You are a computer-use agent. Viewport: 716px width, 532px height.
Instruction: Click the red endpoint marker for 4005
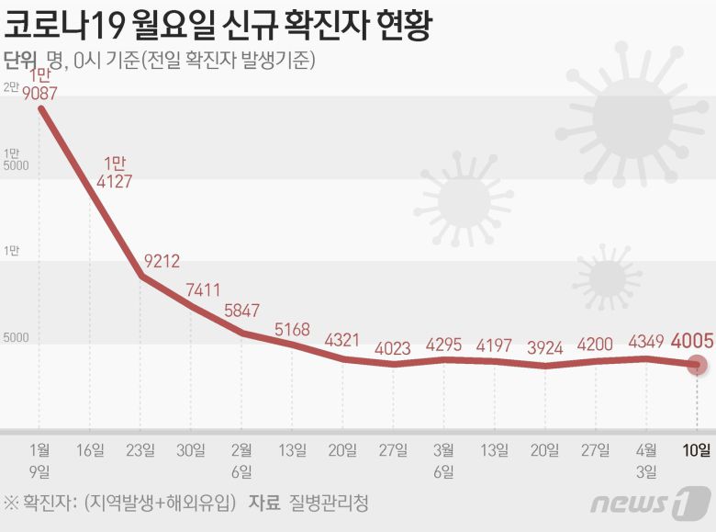point(699,365)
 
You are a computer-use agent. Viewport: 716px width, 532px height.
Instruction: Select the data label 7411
point(203,289)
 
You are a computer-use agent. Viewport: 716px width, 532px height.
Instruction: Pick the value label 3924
point(550,348)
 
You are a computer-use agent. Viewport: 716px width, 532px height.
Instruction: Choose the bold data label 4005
point(693,341)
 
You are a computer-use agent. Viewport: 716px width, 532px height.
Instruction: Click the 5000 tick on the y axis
point(16,338)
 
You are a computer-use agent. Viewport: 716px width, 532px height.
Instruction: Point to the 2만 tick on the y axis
point(11,87)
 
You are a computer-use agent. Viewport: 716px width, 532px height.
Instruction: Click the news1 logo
point(650,503)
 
